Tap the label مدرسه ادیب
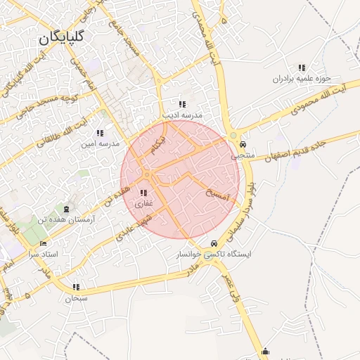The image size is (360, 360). (x=183, y=114)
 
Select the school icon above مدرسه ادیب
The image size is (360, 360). (x=183, y=104)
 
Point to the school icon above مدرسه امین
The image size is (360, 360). (x=99, y=133)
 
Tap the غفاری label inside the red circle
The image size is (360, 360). (x=143, y=202)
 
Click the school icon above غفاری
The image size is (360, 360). (x=143, y=193)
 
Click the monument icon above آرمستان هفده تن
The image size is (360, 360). (x=67, y=210)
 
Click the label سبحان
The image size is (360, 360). (x=76, y=297)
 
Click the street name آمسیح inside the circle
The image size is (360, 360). (x=219, y=193)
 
